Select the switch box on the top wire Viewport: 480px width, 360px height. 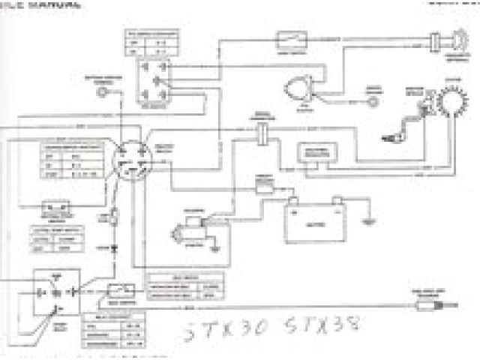point(289,37)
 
